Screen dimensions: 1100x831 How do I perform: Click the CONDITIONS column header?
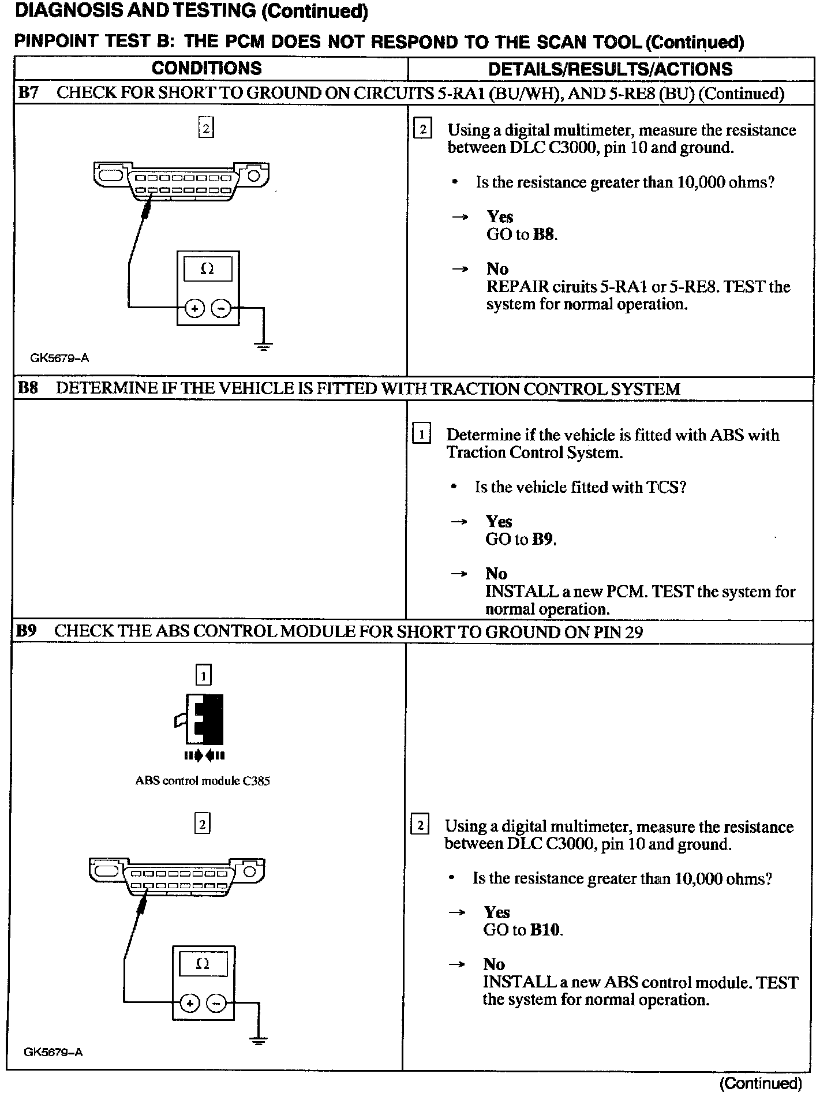point(207,69)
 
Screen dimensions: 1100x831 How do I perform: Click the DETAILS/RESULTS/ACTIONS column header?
point(610,69)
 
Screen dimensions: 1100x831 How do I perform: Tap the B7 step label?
point(28,93)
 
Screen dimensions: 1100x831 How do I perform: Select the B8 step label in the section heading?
point(28,388)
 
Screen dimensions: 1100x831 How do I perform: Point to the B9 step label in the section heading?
point(27,631)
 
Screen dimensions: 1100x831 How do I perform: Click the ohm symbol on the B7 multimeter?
point(207,269)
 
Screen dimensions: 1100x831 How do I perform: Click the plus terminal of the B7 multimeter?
point(195,309)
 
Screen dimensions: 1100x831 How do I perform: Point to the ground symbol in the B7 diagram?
point(264,347)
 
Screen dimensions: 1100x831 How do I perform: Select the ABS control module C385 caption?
point(202,781)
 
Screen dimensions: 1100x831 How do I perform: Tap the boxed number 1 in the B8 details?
point(422,434)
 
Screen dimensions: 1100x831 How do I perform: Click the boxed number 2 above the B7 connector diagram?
point(205,128)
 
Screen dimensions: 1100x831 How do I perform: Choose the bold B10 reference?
point(545,930)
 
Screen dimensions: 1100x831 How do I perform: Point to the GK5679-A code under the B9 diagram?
point(53,1052)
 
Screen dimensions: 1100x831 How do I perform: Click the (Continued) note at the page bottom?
point(761,1083)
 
